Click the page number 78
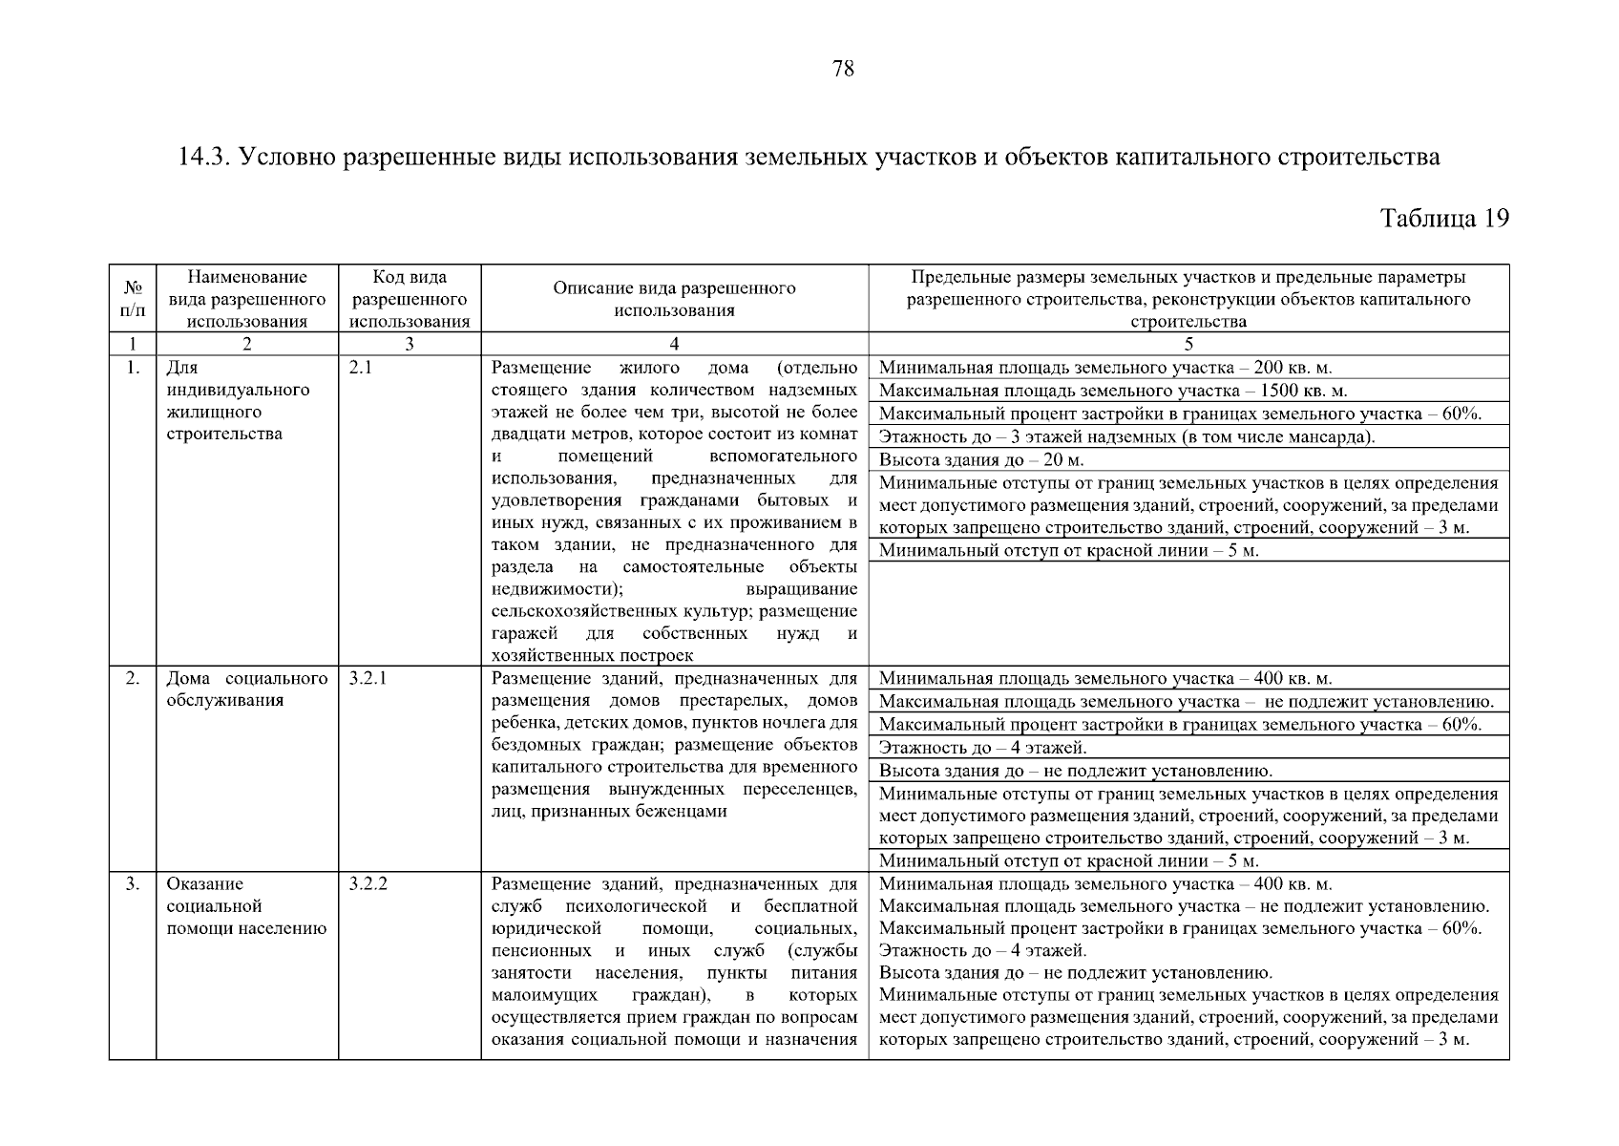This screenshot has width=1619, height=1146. click(843, 69)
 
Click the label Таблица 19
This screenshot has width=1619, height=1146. click(1444, 219)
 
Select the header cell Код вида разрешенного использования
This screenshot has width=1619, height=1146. click(410, 299)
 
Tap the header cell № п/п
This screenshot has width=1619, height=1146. click(133, 299)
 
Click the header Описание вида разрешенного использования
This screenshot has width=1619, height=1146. click(674, 299)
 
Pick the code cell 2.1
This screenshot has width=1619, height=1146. click(361, 368)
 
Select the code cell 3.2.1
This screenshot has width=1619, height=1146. click(368, 678)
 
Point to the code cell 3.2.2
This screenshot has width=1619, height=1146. click(368, 883)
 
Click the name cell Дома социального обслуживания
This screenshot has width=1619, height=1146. click(246, 690)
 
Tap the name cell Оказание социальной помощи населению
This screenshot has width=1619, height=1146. click(246, 906)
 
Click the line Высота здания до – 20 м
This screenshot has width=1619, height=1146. click(980, 459)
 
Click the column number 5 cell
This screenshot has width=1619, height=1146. click(1188, 345)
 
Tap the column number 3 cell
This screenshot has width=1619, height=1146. click(410, 345)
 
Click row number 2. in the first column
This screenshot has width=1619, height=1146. click(133, 678)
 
